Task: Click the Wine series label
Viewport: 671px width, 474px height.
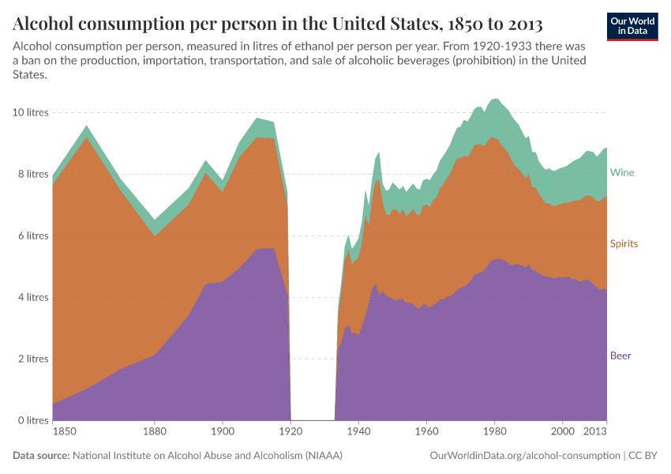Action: pos(621,172)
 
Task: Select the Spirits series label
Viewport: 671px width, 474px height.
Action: pos(624,244)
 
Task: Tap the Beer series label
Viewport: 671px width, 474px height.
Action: pos(620,355)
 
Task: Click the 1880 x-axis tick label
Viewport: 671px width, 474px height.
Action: pos(155,432)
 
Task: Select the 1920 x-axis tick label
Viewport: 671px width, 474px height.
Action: pos(291,432)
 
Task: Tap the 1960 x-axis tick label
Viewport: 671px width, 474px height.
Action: pos(426,432)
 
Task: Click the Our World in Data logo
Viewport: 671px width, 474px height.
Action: pos(633,26)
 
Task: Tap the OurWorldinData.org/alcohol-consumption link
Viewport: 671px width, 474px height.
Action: pos(525,456)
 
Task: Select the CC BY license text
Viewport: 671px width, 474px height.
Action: pos(643,456)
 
